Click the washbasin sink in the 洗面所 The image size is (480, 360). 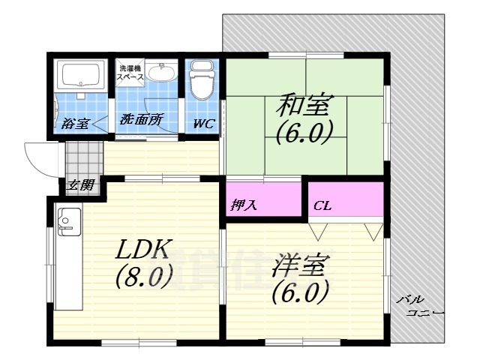point(160,73)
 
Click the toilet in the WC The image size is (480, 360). point(202,82)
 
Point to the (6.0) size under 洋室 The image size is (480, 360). point(300,290)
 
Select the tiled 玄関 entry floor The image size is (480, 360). point(82,158)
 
